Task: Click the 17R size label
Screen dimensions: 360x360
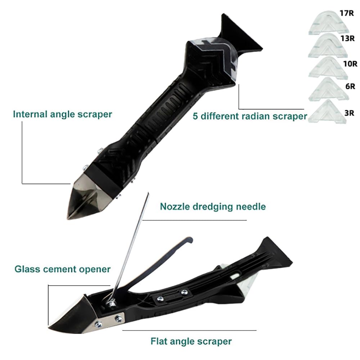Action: pyautogui.click(x=347, y=13)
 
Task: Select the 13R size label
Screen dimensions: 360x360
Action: pyautogui.click(x=348, y=38)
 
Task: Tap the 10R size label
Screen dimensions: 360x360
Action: pyautogui.click(x=350, y=63)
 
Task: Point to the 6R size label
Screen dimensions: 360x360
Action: pyautogui.click(x=350, y=86)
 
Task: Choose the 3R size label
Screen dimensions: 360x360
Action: pyautogui.click(x=349, y=113)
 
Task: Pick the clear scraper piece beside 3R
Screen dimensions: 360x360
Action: pyautogui.click(x=327, y=112)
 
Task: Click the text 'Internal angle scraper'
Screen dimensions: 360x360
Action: pyautogui.click(x=62, y=114)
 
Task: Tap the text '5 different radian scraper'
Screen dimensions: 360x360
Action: pyautogui.click(x=250, y=116)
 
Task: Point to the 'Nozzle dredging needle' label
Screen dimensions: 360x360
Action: pyautogui.click(x=213, y=207)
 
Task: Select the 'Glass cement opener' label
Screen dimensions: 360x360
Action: pyautogui.click(x=62, y=269)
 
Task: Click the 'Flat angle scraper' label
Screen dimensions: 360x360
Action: pyautogui.click(x=191, y=341)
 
